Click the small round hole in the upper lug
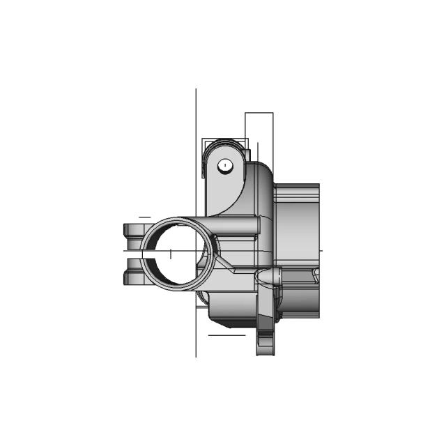point(224,165)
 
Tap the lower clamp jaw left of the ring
point(132,278)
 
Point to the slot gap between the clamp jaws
point(134,254)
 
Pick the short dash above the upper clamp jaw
point(144,217)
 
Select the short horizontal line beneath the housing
point(226,335)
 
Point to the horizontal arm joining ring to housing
point(237,226)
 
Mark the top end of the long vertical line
point(196,90)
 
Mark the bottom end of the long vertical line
point(196,356)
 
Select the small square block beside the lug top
point(245,153)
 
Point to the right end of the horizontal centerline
point(322,249)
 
